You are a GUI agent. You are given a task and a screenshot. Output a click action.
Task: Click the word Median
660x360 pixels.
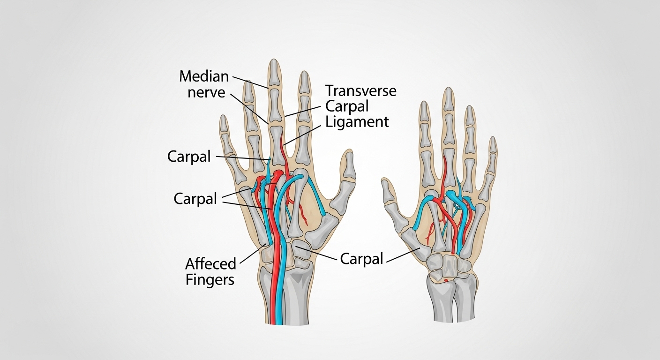click(x=204, y=76)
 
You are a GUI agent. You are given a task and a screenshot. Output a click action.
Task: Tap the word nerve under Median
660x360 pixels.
click(x=206, y=92)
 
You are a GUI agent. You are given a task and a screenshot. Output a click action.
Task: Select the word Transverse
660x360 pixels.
click(x=360, y=90)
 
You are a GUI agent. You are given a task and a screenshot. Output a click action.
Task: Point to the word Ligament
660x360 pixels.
click(x=357, y=122)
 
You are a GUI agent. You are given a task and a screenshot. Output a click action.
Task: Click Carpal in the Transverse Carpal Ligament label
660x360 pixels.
click(x=347, y=106)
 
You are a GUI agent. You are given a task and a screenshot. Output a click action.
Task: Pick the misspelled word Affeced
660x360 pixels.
click(x=210, y=264)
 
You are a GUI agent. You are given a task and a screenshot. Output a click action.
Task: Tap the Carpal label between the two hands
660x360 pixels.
click(x=361, y=258)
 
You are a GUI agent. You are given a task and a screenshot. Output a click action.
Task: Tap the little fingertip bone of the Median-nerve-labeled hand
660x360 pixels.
click(x=224, y=124)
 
